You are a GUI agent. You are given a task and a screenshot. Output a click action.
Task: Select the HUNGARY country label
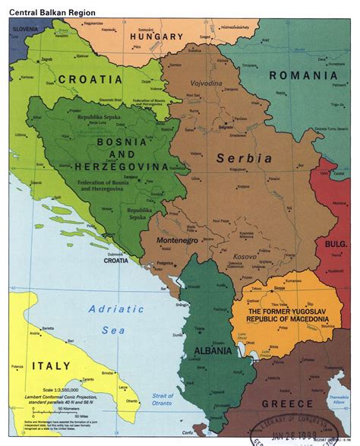[x=156, y=36]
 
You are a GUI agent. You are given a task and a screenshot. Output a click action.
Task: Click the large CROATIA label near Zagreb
[x=90, y=79]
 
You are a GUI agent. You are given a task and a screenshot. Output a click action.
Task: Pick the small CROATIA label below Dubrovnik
[x=116, y=261]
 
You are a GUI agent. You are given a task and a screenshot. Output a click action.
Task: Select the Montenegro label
[x=177, y=240]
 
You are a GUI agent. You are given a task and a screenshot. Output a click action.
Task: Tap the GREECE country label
[x=287, y=403]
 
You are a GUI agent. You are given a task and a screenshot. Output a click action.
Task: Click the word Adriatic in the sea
[x=115, y=308]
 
